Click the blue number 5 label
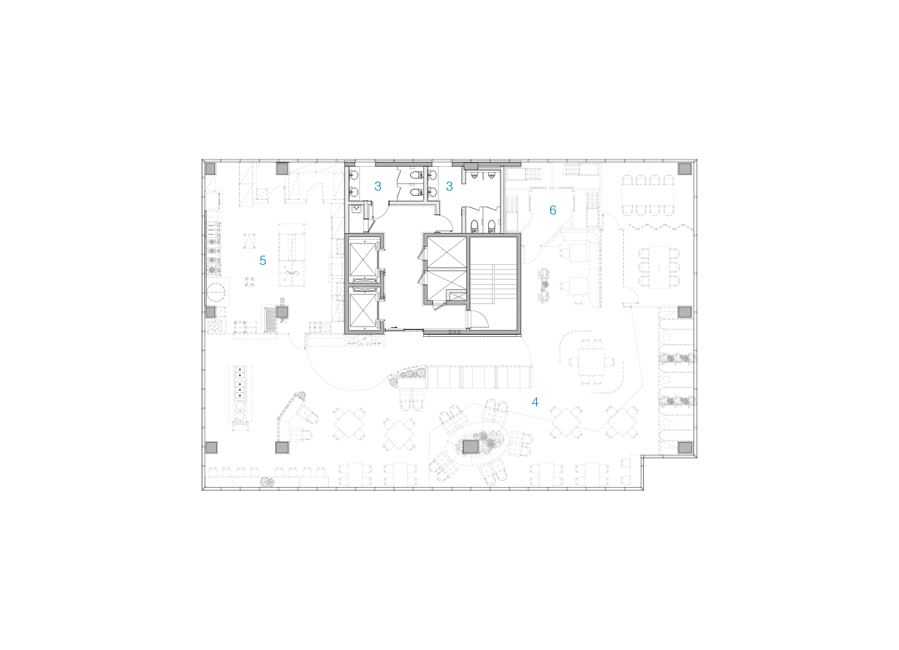click(263, 260)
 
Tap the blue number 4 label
click(535, 402)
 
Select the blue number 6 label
click(553, 210)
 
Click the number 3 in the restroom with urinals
click(377, 187)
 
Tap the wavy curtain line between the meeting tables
click(658, 227)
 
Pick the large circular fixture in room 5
click(217, 292)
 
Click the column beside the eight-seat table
click(685, 169)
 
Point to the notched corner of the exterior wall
click(644, 457)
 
